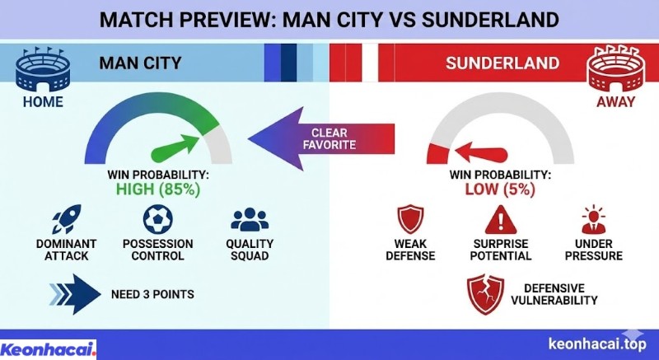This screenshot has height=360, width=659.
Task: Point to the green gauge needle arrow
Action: point(177,149)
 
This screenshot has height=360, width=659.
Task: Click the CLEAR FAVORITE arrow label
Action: point(329,138)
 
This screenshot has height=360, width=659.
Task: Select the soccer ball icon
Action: point(157,219)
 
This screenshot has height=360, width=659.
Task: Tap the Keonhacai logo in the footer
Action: point(49,348)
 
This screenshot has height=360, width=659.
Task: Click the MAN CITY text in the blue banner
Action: point(140,63)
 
